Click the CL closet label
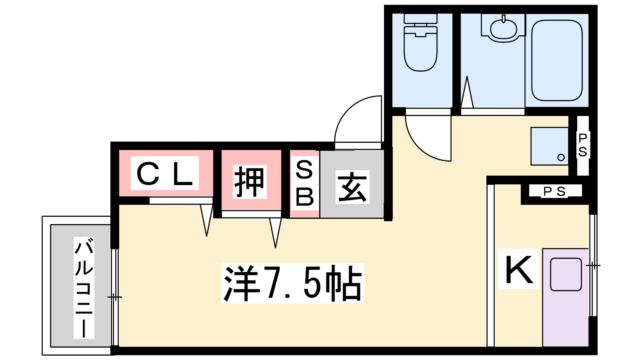(165, 174)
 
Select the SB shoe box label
(304, 183)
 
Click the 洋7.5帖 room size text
(292, 283)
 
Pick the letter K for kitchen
(519, 270)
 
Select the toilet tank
(420, 18)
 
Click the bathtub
(556, 60)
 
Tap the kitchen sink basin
(566, 274)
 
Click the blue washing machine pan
(549, 146)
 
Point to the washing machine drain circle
(561, 157)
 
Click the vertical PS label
(583, 145)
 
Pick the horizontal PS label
(554, 192)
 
